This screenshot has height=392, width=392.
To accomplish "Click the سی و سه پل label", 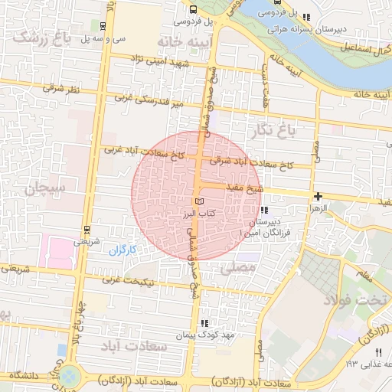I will [x=103, y=38].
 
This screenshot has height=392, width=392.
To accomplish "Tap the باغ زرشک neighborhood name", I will [x=43, y=37].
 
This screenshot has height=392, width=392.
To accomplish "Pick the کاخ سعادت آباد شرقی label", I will [x=253, y=163].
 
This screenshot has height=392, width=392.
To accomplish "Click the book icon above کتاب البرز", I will [x=201, y=201].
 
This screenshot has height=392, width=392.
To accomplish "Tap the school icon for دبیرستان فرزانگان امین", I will [x=265, y=211].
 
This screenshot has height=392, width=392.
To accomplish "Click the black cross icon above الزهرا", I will [x=318, y=197].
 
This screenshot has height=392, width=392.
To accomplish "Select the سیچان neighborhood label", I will [x=46, y=186].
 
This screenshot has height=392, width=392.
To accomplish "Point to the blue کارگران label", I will [x=121, y=250].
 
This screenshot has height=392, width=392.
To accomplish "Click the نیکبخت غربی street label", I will [x=150, y=281].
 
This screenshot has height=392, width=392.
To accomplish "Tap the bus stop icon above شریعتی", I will [x=87, y=229].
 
